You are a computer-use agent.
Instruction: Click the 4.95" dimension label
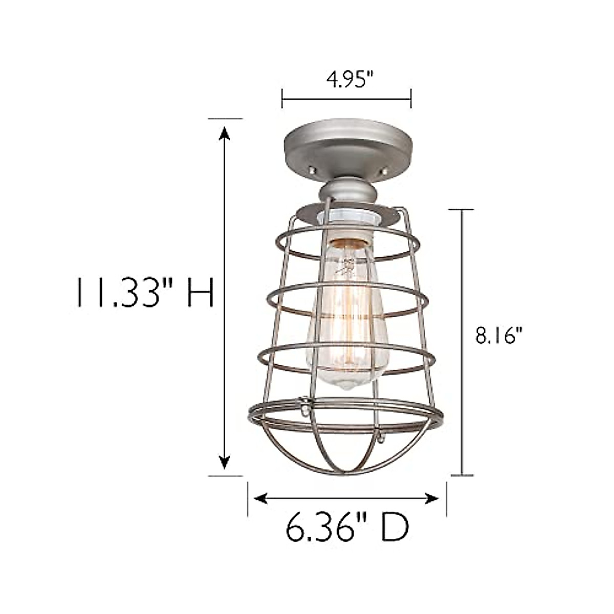pyautogui.click(x=346, y=80)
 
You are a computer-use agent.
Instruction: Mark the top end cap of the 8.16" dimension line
pyautogui.click(x=463, y=210)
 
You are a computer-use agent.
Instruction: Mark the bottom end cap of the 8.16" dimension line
pyautogui.click(x=463, y=475)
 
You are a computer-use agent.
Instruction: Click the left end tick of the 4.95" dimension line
pyautogui.click(x=282, y=98)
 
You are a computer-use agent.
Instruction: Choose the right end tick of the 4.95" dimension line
pyautogui.click(x=411, y=98)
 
